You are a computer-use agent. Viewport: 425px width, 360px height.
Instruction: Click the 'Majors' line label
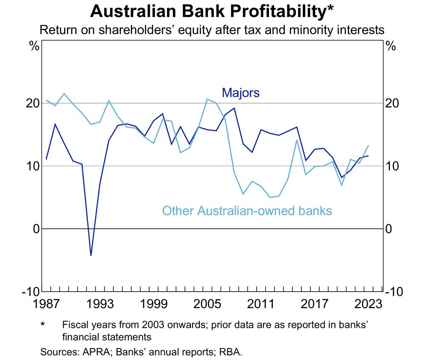241,93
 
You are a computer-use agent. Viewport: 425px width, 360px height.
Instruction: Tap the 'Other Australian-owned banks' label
247,210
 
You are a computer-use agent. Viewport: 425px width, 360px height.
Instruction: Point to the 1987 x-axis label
46,304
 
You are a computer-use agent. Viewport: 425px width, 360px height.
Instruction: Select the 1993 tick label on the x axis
99,304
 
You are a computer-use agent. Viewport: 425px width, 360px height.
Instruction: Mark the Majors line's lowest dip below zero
91,255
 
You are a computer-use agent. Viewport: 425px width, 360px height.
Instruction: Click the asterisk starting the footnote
42,325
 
